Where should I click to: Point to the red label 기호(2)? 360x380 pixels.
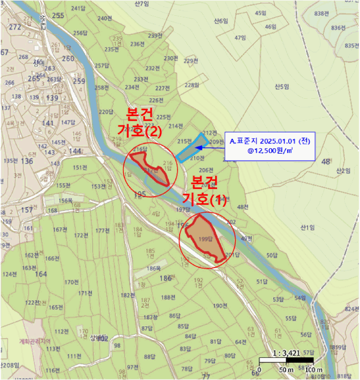(x=140, y=131)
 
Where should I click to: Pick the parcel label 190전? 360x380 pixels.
(x=219, y=306)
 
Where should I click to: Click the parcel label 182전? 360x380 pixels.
(x=128, y=295)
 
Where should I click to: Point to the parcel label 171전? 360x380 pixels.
(x=85, y=293)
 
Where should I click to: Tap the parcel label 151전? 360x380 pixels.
(x=80, y=167)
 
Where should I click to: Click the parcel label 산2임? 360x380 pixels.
(x=343, y=170)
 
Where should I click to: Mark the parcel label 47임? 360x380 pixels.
(x=240, y=37)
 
